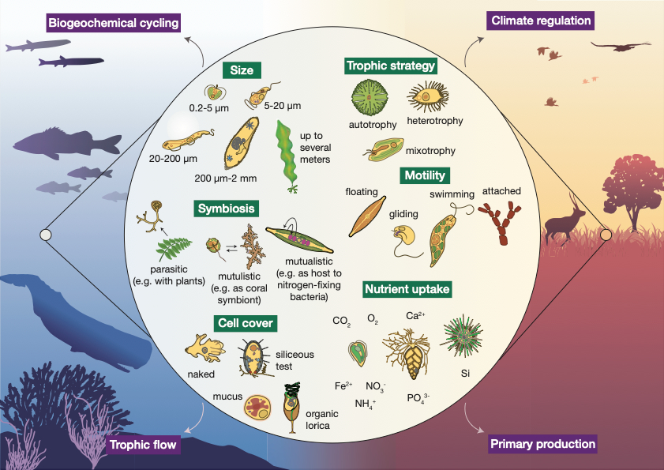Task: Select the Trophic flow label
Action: tap(144, 446)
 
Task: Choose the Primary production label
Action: tap(542, 444)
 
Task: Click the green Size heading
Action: tap(242, 70)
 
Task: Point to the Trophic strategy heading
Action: tap(391, 66)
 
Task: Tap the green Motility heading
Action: tap(424, 175)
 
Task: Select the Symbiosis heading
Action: tap(227, 209)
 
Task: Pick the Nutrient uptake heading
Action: tap(407, 289)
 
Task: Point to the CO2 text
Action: tap(342, 322)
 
